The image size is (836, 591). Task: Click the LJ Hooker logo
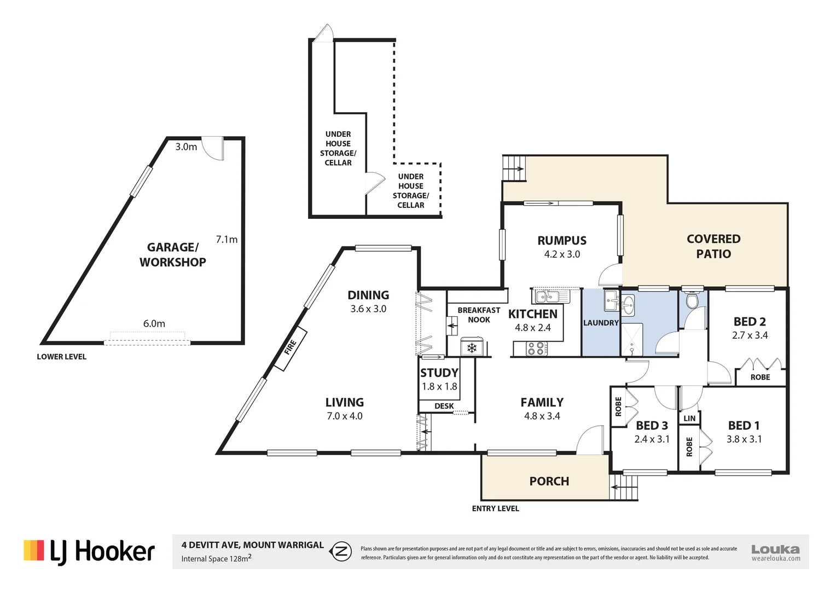89,552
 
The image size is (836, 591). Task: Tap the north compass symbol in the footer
342,552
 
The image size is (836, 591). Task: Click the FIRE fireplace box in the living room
290,347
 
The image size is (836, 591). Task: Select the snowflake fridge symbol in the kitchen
472,347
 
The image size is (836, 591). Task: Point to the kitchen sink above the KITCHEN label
550,296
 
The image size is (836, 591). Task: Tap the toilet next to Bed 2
692,301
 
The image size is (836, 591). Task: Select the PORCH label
549,481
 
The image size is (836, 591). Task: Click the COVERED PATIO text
713,246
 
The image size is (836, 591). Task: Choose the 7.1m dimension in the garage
227,239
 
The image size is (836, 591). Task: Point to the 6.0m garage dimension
154,323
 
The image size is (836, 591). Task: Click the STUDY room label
439,373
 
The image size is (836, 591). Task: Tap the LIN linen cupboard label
689,418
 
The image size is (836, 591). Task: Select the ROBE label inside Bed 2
760,377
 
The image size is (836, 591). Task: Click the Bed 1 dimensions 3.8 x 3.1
744,439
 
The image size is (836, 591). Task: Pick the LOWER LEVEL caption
61,356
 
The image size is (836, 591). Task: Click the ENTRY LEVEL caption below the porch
495,508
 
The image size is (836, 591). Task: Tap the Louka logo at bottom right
775,552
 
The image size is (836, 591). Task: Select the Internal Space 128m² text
216,558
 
